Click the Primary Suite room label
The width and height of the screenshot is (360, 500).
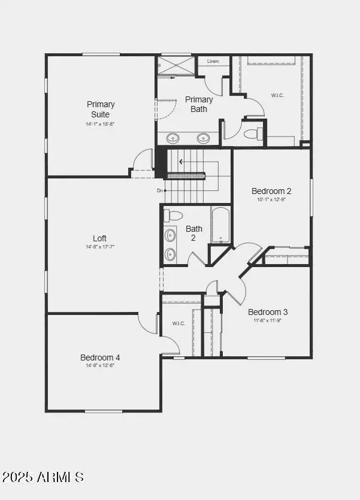click(101, 109)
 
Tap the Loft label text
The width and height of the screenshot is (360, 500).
click(99, 238)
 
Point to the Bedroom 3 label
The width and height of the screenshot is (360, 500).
click(268, 312)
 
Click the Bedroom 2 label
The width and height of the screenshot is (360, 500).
click(271, 191)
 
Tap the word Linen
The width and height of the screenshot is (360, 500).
click(213, 62)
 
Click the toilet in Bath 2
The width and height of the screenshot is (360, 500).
click(175, 216)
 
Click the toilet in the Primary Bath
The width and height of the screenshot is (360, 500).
click(252, 132)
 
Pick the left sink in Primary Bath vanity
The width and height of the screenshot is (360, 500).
click(173, 138)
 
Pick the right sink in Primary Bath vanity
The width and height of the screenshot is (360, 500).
click(204, 138)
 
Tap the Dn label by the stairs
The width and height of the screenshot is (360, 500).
click(160, 190)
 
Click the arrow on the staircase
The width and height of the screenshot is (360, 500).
click(181, 162)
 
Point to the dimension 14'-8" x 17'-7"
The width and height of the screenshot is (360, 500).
click(99, 247)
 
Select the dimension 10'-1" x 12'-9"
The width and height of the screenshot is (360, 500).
click(271, 199)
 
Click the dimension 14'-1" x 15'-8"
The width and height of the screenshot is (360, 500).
click(101, 124)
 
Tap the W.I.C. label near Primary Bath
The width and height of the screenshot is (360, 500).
click(277, 95)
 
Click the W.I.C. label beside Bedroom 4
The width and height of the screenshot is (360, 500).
click(179, 323)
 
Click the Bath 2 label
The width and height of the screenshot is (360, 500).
click(194, 233)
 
